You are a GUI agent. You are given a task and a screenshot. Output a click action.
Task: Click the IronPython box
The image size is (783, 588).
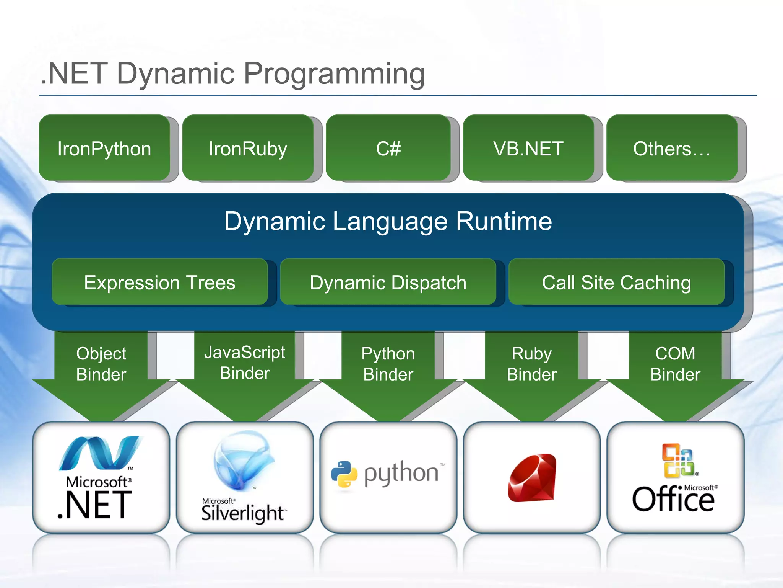coord(104,148)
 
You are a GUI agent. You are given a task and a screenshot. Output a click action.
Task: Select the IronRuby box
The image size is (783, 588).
coord(248,148)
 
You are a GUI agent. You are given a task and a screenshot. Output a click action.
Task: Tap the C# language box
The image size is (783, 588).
coord(388,148)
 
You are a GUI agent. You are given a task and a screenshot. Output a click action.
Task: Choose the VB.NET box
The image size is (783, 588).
coord(528,148)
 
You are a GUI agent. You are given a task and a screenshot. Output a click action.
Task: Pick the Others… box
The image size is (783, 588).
coord(672,148)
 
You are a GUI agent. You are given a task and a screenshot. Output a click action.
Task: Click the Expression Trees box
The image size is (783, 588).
coord(159,283)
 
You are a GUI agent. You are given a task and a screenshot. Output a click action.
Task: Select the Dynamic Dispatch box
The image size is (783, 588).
coord(388,283)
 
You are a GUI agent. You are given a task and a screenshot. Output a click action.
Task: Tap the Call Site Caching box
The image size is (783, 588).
coord(616,283)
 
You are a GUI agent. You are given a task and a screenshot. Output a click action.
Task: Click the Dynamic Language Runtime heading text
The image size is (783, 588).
coord(388,221)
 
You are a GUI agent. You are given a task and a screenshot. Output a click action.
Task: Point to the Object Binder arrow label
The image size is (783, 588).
coord(101,364)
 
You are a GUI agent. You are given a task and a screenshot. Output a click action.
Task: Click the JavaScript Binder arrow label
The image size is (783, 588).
coord(245,363)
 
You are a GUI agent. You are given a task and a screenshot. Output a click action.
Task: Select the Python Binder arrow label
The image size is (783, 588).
coord(388,364)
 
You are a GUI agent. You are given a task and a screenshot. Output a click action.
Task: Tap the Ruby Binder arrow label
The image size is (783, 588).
coord(531,364)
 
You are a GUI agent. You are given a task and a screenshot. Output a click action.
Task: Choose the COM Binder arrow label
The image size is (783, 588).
coord(675,364)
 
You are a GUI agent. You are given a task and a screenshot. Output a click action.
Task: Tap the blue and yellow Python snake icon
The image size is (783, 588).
coord(344,474)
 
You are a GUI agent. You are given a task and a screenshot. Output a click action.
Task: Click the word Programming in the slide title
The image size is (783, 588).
coord(334,73)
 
